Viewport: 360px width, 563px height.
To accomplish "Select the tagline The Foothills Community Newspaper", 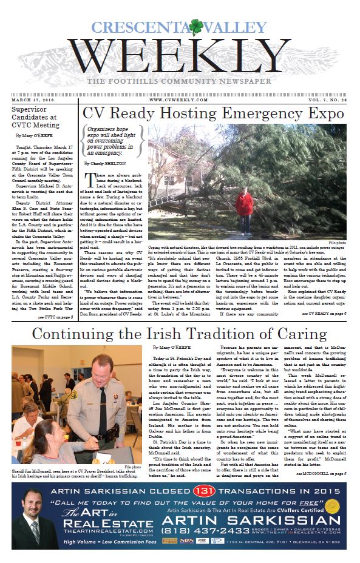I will pos(180,81).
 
